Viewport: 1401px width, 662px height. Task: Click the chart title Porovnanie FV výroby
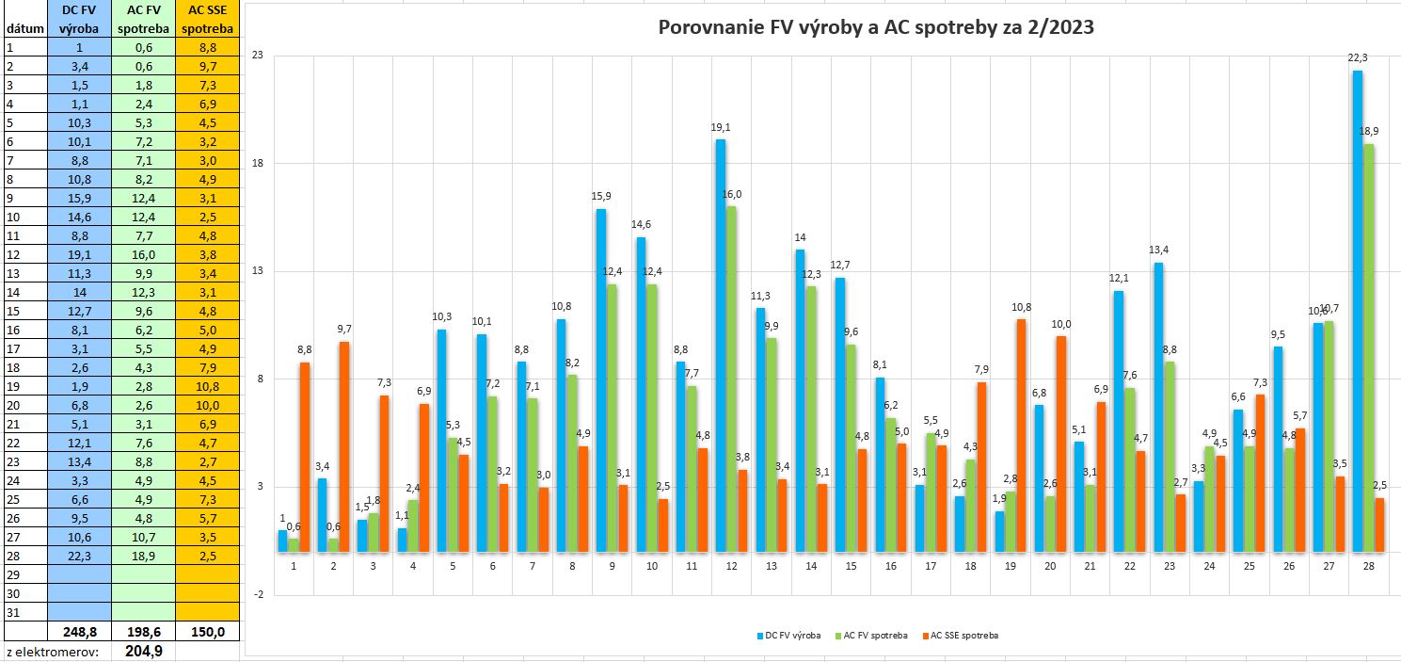(x=875, y=27)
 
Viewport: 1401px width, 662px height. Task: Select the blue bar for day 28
(x=1357, y=311)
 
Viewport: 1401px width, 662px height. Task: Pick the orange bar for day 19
(x=1021, y=435)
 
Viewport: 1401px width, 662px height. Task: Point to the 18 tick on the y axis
(x=257, y=163)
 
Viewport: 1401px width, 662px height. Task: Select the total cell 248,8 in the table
(x=80, y=631)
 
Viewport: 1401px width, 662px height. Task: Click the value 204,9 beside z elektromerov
(x=143, y=651)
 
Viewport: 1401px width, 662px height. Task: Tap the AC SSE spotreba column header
(x=205, y=19)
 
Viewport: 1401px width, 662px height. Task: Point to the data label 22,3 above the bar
(x=1357, y=58)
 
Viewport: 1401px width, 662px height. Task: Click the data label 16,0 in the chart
(x=732, y=195)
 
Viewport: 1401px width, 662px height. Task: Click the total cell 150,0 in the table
(x=205, y=631)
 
